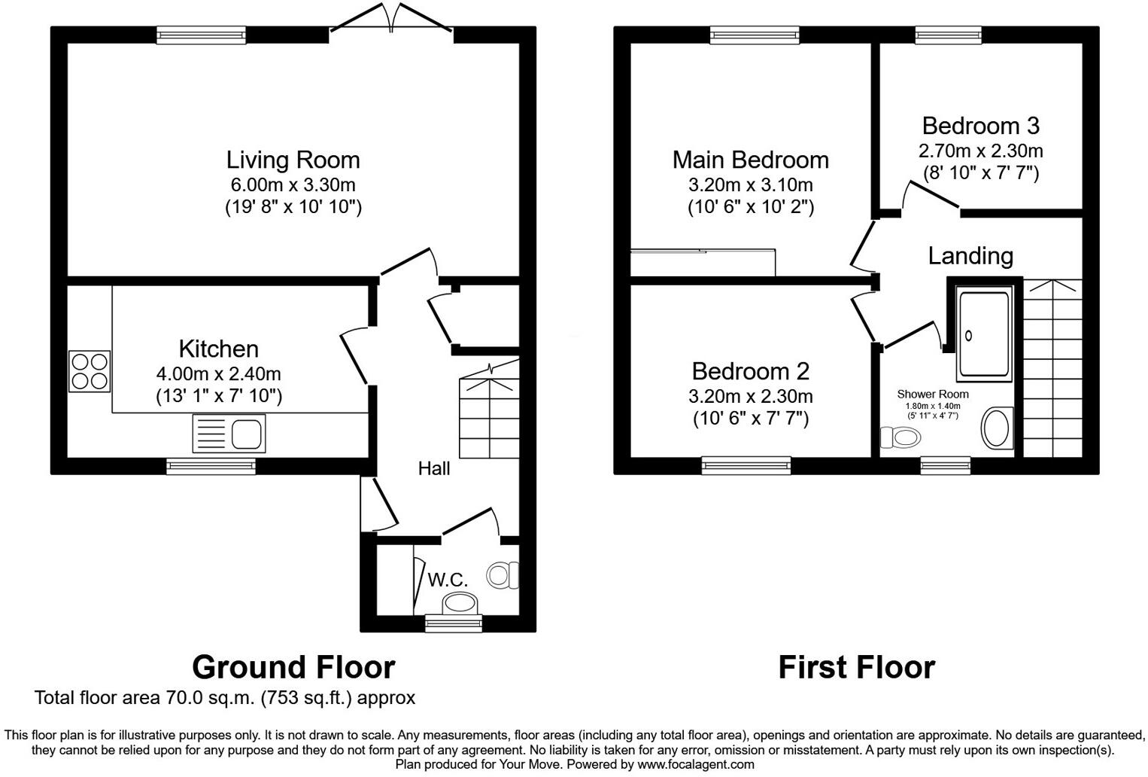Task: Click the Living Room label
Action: pos(293,160)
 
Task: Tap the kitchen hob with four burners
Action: pos(90,371)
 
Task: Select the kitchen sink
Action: pos(229,433)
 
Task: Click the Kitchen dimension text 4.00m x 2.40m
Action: pos(218,373)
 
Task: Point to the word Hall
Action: pos(434,468)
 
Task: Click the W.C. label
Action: pos(448,579)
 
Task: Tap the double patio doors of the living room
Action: pos(391,19)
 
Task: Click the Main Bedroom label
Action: pos(750,160)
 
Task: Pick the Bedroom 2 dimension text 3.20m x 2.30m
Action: pos(750,396)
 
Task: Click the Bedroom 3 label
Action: pos(980,125)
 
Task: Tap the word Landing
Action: pos(970,256)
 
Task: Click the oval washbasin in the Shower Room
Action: pos(997,428)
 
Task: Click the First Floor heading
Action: pos(856,667)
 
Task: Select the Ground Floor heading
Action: pos(293,667)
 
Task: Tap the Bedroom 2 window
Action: pos(746,465)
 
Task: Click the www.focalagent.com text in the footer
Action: pos(695,764)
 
